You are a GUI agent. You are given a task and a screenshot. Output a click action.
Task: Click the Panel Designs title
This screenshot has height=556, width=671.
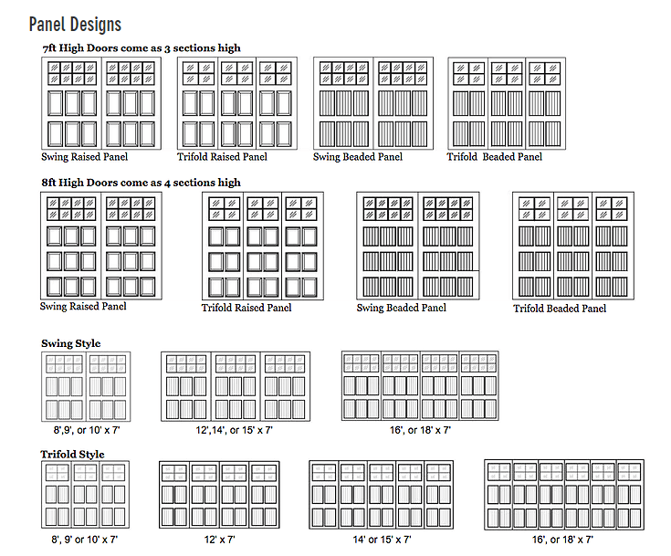[x=75, y=25]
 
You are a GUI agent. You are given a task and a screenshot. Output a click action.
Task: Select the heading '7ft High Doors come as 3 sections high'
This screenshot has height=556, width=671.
[x=142, y=48]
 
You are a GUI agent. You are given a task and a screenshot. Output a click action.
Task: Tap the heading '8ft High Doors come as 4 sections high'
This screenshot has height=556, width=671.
[x=142, y=183]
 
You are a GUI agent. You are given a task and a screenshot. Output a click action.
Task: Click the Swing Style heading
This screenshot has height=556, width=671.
[x=71, y=343]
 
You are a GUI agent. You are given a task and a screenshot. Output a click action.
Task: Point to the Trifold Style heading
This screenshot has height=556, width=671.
[x=72, y=454]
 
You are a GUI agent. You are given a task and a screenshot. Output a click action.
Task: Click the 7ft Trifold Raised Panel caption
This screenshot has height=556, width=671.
[x=222, y=157]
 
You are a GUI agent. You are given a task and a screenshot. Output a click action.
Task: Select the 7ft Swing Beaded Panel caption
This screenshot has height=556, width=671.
[x=358, y=157]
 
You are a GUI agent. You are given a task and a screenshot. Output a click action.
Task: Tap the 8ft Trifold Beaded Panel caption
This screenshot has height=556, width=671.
[x=560, y=309]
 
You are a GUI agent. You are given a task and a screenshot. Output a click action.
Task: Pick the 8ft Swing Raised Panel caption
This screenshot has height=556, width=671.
[x=83, y=306]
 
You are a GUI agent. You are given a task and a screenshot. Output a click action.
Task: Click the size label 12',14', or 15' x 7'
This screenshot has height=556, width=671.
[x=234, y=430]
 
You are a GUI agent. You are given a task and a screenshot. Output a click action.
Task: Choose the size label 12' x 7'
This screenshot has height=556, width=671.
[x=219, y=540]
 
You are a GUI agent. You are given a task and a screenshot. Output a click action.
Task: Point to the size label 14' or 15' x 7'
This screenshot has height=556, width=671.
[x=382, y=540]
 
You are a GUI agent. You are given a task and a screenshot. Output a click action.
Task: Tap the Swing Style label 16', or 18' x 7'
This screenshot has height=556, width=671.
[x=420, y=430]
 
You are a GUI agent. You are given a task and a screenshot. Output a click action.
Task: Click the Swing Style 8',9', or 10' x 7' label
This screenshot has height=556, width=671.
[x=87, y=430]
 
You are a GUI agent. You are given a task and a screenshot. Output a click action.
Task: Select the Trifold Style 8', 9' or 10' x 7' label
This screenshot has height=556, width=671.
[x=85, y=540]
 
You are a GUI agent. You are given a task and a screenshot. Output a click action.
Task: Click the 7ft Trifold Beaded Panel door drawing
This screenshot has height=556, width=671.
[x=507, y=103]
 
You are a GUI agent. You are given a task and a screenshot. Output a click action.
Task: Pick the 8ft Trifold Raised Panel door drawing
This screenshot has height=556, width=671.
[x=263, y=246]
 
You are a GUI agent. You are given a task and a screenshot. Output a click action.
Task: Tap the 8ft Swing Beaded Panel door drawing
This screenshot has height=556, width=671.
[x=418, y=246]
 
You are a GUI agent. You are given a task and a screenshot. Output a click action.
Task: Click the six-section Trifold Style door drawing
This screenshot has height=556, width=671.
[x=564, y=495]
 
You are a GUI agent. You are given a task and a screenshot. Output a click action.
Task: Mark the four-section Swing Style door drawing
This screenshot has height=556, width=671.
[x=420, y=385]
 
